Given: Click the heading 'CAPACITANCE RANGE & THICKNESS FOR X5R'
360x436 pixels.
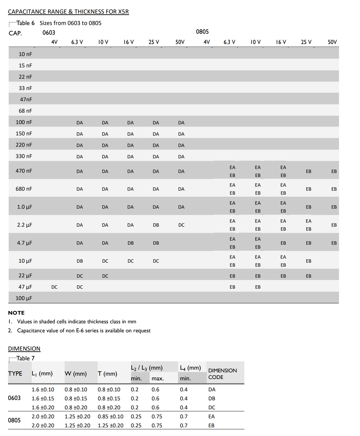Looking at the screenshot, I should tap(68, 12).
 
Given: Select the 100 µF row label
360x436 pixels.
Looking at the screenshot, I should tap(24, 298).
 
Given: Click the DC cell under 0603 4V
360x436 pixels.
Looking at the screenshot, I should tap(54, 287).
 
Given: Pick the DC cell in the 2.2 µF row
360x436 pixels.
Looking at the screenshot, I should tap(181, 225).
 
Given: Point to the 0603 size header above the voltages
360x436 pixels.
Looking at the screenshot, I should tap(49, 33).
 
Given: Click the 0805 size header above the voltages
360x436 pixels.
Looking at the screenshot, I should tap(202, 32).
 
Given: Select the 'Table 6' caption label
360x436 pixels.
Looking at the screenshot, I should tap(25, 23).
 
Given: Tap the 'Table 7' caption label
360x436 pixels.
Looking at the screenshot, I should tap(25, 358).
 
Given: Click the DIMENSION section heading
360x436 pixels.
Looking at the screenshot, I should tap(24, 349).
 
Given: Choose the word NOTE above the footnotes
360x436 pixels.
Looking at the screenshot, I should tap(16, 313).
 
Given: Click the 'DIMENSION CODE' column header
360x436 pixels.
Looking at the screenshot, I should tap(222, 374).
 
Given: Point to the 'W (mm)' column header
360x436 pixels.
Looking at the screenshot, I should tap(75, 374).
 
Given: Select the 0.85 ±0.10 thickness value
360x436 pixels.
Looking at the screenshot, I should tap(110, 416).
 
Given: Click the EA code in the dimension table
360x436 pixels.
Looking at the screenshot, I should tap(211, 416).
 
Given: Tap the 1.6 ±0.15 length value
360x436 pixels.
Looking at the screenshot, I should tap(43, 398).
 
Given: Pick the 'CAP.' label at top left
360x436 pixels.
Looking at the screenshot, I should tap(15, 33).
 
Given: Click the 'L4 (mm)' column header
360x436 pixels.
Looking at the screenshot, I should tap(190, 368).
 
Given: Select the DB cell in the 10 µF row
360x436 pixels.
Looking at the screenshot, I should tap(80, 261).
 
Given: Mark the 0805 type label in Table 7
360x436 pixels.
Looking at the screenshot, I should tap(14, 420).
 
